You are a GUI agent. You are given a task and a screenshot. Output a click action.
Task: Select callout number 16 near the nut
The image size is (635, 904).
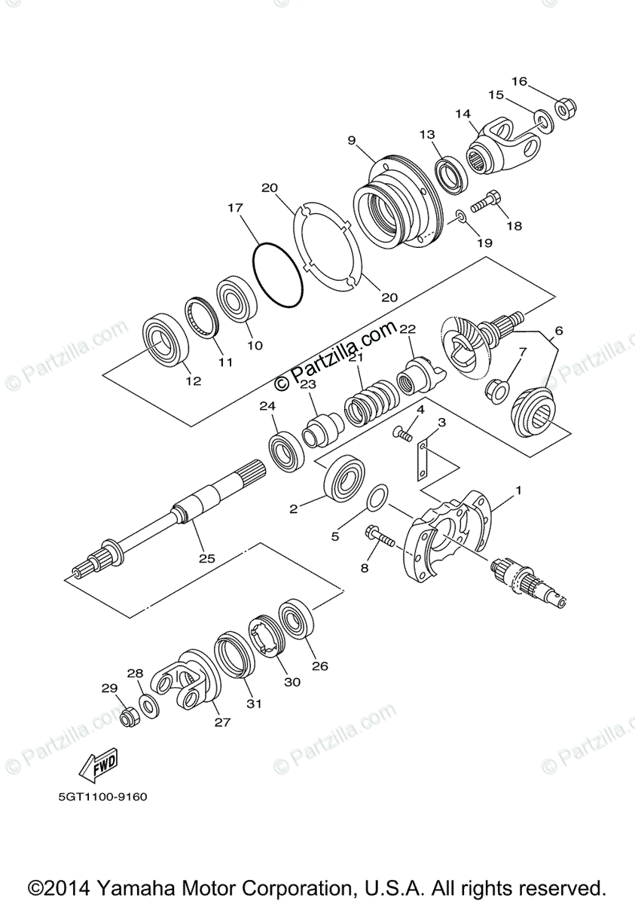pos(519,81)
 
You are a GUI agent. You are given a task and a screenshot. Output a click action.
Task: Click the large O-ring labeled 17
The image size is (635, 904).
pos(278,276)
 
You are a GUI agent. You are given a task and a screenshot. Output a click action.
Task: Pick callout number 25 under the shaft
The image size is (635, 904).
pos(206,558)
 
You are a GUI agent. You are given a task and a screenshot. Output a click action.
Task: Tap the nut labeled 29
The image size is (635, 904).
pos(130,716)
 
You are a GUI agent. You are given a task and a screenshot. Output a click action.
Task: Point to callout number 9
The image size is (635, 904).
pos(351,140)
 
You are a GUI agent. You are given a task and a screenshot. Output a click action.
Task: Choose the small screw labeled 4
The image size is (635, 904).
pos(404,433)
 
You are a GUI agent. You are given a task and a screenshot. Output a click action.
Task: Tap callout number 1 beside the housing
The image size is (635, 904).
pos(518,490)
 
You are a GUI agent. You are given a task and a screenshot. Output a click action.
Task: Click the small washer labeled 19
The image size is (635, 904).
pos(461,218)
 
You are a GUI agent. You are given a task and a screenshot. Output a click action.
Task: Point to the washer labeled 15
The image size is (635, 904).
pos(542,118)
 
